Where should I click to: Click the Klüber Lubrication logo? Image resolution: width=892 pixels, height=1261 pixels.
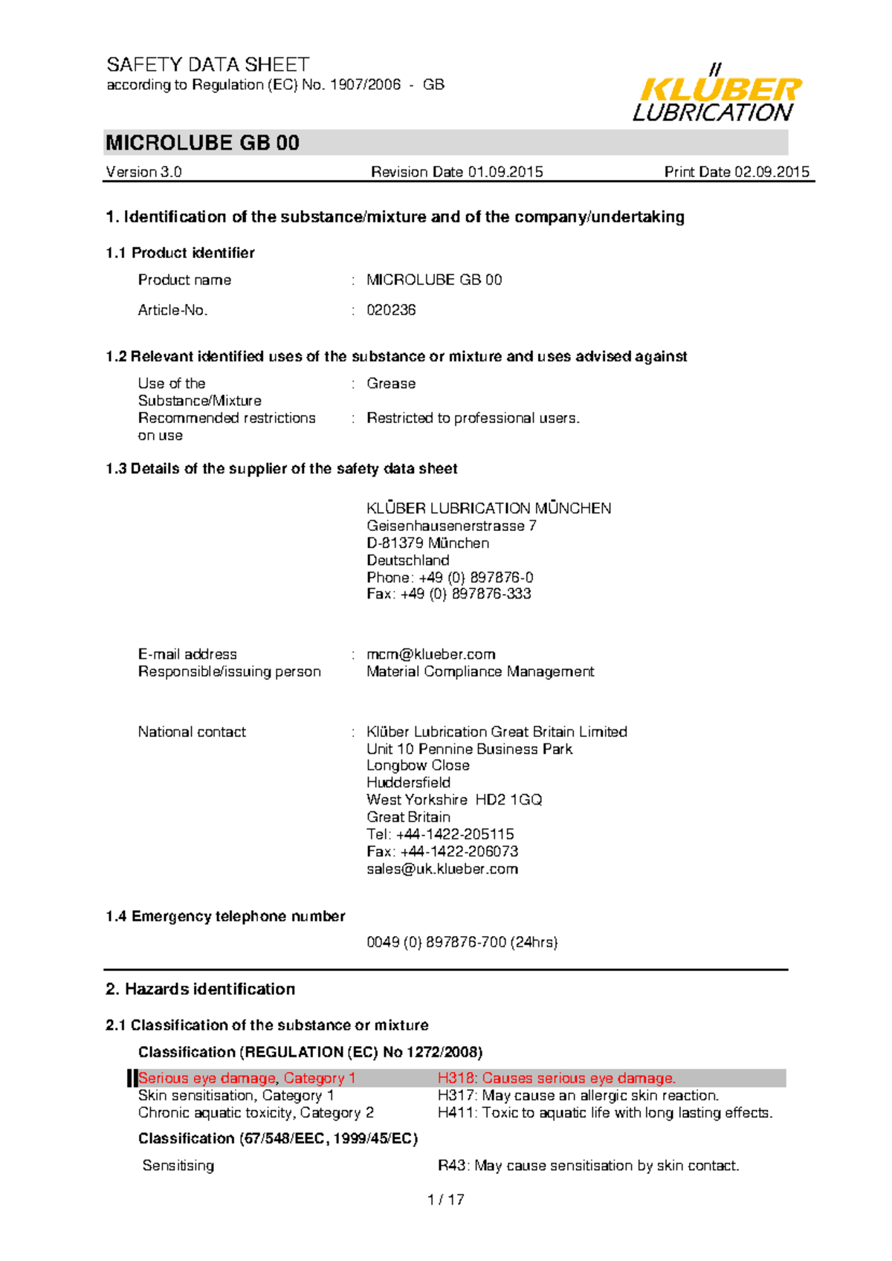tap(717, 94)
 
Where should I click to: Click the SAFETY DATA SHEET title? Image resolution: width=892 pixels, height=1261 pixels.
tap(207, 65)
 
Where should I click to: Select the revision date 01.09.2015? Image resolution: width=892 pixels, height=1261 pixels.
tap(505, 172)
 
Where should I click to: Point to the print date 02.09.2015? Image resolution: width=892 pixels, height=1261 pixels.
tap(772, 172)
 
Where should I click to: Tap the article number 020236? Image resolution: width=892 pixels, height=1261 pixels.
tap(391, 310)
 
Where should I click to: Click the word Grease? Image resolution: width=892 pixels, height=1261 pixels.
tap(391, 384)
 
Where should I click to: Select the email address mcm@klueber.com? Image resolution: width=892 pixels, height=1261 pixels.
tap(431, 654)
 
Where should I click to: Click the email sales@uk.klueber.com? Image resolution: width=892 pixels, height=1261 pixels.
tap(442, 869)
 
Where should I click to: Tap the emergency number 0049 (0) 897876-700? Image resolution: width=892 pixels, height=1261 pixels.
tap(462, 942)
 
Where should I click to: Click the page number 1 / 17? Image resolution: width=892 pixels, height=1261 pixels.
tap(446, 1199)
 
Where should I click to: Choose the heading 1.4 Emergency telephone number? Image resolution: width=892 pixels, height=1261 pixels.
tap(225, 916)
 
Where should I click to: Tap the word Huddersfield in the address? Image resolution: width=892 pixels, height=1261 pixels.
tap(408, 782)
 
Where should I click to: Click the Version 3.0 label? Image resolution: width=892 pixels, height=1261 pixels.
tap(143, 172)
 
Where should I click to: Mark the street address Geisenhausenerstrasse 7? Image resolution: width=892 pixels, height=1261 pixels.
tap(451, 526)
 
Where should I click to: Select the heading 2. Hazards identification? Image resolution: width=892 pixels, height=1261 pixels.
tap(201, 989)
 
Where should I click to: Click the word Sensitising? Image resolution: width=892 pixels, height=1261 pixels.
tap(178, 1166)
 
